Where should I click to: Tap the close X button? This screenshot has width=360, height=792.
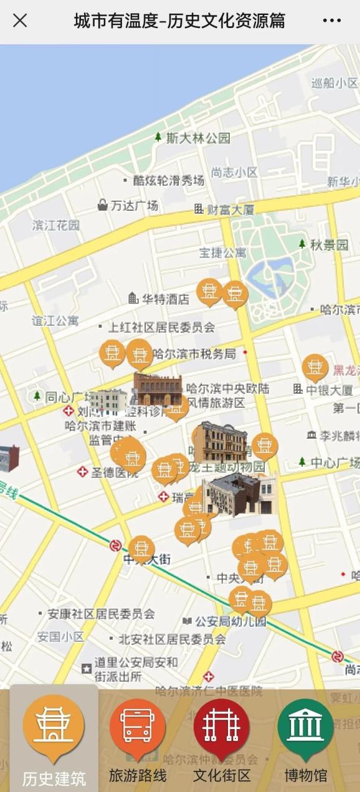20,21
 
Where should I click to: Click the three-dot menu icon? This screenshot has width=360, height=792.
332,21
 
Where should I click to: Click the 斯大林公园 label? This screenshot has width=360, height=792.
198,138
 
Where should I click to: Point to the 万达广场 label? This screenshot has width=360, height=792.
134,205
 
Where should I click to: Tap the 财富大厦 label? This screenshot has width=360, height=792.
230,209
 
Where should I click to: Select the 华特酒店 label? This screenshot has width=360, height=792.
165,299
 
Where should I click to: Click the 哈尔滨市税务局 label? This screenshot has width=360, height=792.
194,354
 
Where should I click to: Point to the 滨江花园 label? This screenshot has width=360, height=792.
56,225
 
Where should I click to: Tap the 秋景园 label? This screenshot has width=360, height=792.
329,245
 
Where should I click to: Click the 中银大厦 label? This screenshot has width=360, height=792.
329,390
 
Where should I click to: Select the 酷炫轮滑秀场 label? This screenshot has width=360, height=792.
168,181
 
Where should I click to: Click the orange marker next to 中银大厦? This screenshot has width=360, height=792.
315,368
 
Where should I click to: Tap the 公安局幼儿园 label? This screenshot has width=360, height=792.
230,621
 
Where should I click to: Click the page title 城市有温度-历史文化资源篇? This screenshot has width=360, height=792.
179,21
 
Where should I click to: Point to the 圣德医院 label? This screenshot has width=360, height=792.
115,472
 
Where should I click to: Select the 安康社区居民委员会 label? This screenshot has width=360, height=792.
102,614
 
